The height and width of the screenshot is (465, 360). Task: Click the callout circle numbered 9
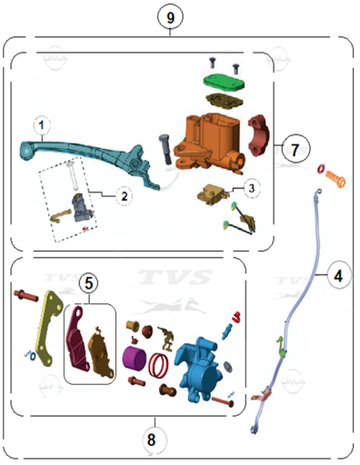[x=170, y=16]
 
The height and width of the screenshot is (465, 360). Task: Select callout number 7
[x=295, y=149]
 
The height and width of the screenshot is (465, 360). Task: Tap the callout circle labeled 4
[x=338, y=275]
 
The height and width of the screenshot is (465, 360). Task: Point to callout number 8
[x=152, y=440]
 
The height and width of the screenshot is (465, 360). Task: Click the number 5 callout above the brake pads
[x=88, y=283]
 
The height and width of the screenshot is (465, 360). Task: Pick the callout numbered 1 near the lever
[x=42, y=125]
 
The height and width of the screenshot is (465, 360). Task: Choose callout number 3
[x=251, y=189]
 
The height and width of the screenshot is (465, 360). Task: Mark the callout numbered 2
[x=124, y=196]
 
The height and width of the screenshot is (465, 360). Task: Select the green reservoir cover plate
[x=224, y=82]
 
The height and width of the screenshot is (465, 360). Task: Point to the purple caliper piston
[x=135, y=358]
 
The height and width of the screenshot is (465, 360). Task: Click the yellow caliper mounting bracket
[x=49, y=328]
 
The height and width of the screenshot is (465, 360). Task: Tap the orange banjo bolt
[x=335, y=178]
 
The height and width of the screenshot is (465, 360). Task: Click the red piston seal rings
[x=158, y=365]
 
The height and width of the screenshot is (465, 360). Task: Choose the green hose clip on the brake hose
[x=281, y=346]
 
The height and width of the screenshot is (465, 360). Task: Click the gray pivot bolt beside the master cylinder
[x=165, y=150]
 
